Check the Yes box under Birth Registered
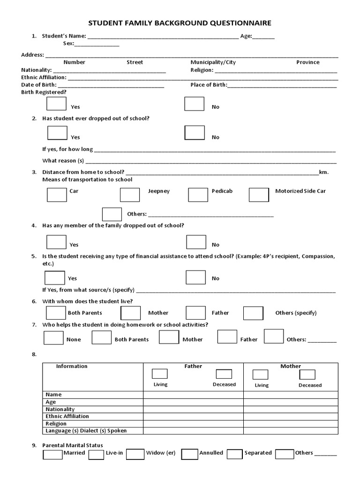click(x=57, y=103)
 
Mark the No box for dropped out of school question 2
click(x=194, y=133)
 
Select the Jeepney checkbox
click(x=130, y=195)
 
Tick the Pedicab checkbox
click(x=198, y=195)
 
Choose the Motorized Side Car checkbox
click(x=258, y=195)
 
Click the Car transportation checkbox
click(x=57, y=195)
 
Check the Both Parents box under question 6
click(x=56, y=313)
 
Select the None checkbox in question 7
click(x=53, y=337)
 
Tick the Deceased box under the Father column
click(x=224, y=374)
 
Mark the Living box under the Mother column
click(x=260, y=375)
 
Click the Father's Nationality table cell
click(x=193, y=409)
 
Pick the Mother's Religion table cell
click(x=291, y=423)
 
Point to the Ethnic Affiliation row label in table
click(x=67, y=416)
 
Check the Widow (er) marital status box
click(x=135, y=454)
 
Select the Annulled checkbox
click(x=189, y=454)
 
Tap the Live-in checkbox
click(x=96, y=454)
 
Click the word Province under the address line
click(x=307, y=62)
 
